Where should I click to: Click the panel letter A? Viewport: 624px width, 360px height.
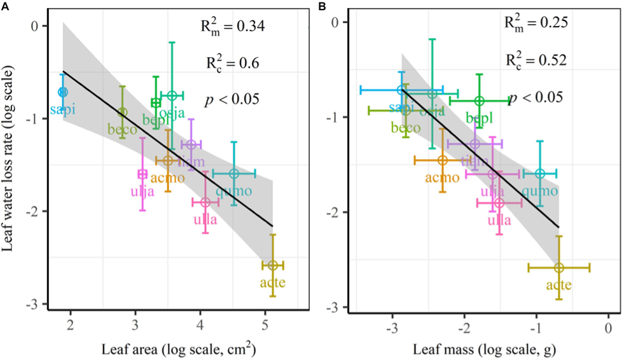(x=5, y=6)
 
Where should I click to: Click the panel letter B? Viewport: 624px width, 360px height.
(x=323, y=6)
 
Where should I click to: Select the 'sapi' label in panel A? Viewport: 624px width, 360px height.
(x=62, y=109)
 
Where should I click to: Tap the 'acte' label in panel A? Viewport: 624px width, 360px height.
(x=272, y=283)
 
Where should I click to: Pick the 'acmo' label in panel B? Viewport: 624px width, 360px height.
(x=442, y=177)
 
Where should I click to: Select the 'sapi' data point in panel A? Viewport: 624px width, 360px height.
(x=62, y=92)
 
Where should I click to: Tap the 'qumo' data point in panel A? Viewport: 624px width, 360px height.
(x=234, y=174)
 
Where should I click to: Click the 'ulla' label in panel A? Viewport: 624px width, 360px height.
(x=205, y=220)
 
